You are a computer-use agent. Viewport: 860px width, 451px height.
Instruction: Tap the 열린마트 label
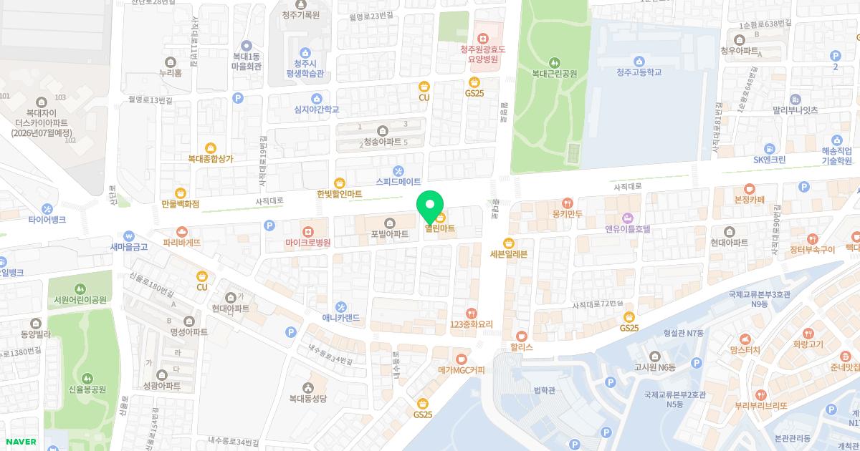[440, 229]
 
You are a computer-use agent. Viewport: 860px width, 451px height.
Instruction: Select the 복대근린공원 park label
[554, 73]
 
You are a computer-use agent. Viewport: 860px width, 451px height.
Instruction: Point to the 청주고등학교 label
[639, 72]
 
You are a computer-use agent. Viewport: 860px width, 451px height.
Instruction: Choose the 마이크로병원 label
[308, 243]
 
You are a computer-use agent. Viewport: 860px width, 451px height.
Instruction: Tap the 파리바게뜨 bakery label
[182, 243]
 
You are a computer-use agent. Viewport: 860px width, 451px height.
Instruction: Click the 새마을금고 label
[129, 247]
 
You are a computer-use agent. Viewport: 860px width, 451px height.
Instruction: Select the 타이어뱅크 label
[47, 220]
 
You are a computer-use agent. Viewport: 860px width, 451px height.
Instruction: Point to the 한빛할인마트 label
[340, 194]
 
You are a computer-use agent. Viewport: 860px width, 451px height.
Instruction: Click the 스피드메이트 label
[398, 182]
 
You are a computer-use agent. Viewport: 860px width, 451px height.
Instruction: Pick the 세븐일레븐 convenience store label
[508, 253]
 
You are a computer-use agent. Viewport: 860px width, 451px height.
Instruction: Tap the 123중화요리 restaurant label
[471, 324]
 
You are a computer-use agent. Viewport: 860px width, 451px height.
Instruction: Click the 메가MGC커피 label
[461, 370]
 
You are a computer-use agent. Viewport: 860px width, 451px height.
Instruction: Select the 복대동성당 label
[308, 398]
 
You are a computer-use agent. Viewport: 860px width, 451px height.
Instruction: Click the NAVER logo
[20, 442]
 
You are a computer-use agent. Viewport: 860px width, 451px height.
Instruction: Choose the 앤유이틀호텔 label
[627, 229]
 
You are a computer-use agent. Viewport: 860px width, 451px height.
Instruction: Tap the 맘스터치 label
[745, 349]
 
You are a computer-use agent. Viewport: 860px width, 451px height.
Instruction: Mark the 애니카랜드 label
[340, 318]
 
